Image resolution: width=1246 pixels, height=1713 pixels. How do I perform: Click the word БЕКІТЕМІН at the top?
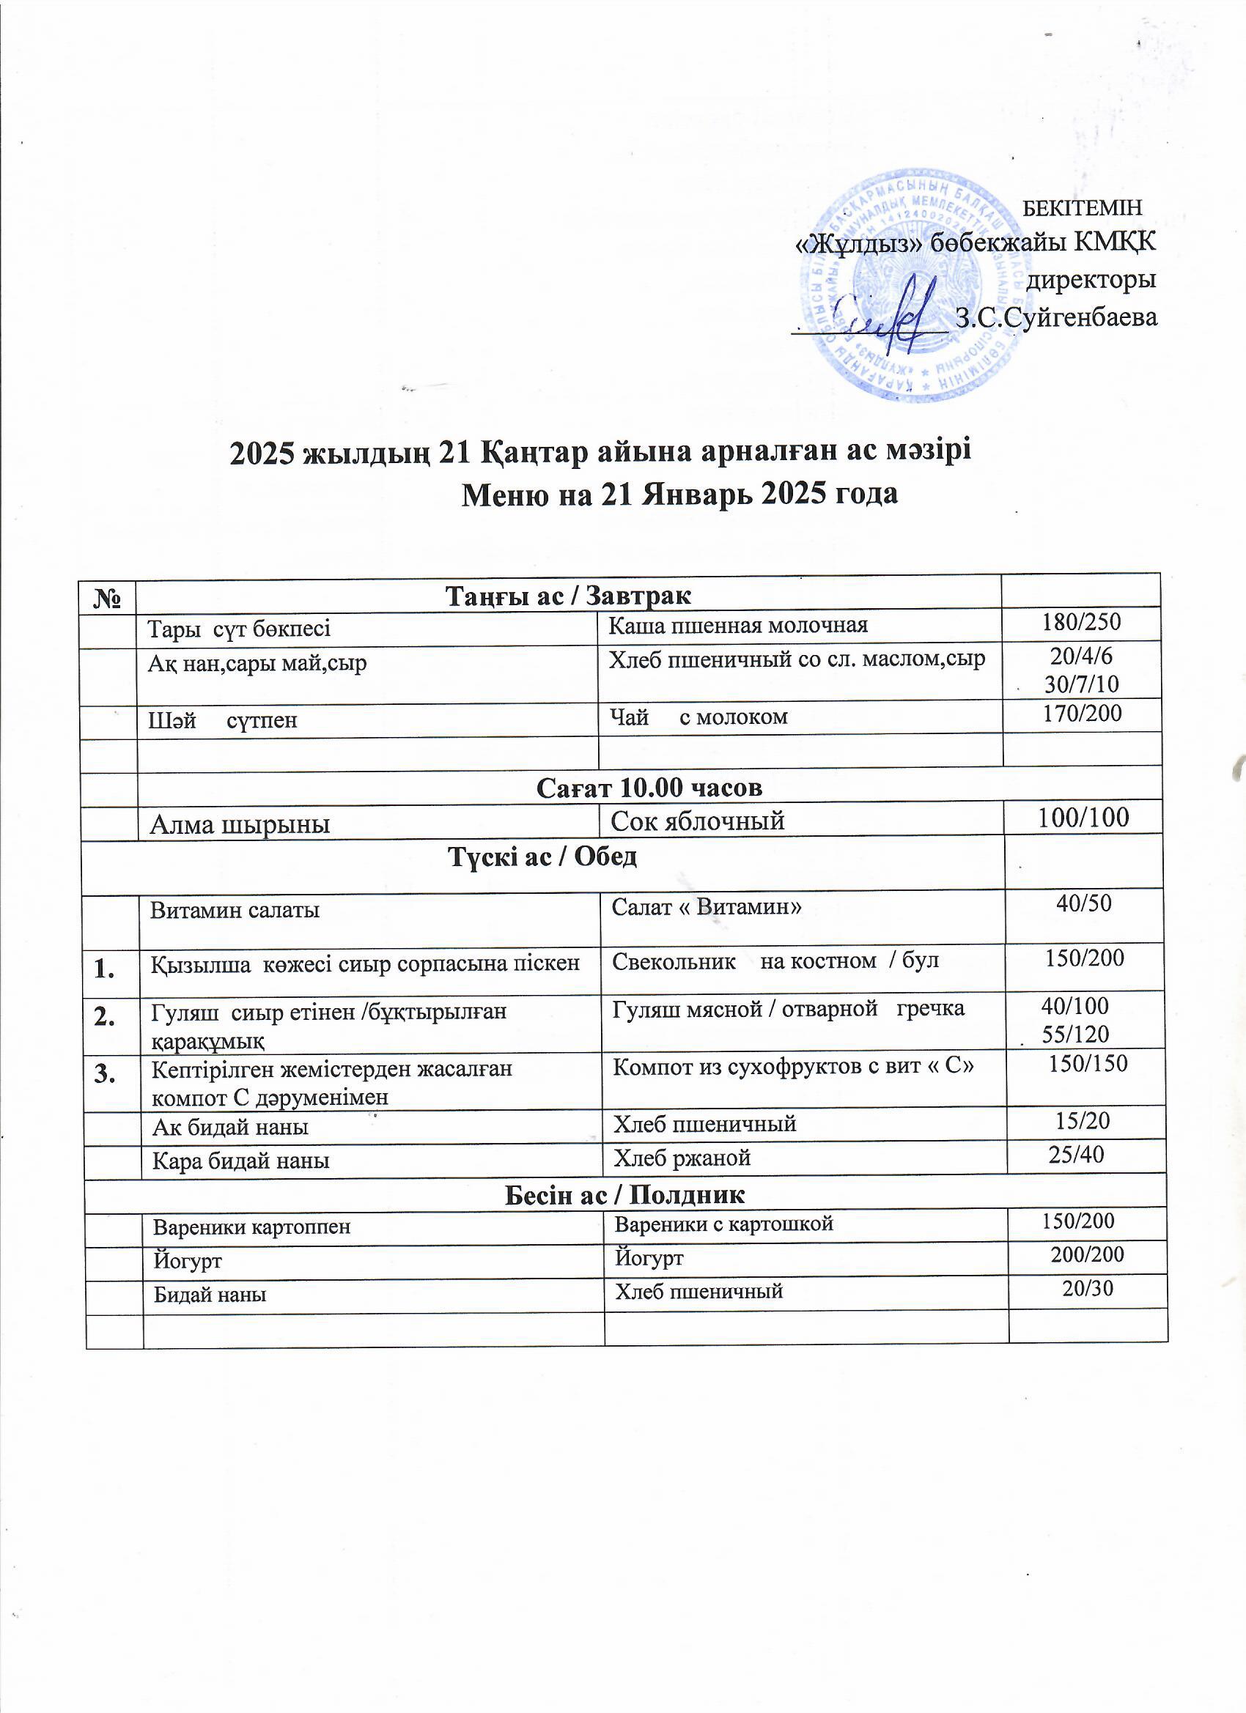pyautogui.click(x=1081, y=207)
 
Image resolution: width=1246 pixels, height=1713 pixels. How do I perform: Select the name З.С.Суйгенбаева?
pyautogui.click(x=1055, y=317)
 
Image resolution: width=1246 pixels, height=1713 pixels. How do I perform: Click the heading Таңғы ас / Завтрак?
pyautogui.click(x=568, y=596)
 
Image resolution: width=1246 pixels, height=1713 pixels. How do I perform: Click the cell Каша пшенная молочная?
pyautogui.click(x=738, y=626)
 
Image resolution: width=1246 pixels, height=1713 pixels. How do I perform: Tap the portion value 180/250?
pyautogui.click(x=1081, y=622)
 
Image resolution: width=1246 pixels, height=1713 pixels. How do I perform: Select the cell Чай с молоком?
pyautogui.click(x=699, y=717)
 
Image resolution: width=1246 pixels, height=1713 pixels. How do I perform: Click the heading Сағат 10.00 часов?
pyautogui.click(x=649, y=788)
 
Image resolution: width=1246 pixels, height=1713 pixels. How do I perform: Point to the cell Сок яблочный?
pyautogui.click(x=698, y=821)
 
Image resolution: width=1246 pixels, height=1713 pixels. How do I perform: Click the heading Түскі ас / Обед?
pyautogui.click(x=542, y=856)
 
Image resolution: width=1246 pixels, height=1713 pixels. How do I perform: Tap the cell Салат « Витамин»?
pyautogui.click(x=706, y=906)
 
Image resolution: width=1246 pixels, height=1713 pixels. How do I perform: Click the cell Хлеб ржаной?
pyautogui.click(x=682, y=1158)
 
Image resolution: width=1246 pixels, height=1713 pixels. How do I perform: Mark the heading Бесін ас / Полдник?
pyautogui.click(x=624, y=1195)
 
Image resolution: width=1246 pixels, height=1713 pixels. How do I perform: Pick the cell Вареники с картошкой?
pyautogui.click(x=723, y=1224)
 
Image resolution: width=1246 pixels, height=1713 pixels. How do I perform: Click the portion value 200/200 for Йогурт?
pyautogui.click(x=1088, y=1255)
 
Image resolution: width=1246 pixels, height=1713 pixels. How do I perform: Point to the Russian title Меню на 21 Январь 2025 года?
pyautogui.click(x=679, y=494)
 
